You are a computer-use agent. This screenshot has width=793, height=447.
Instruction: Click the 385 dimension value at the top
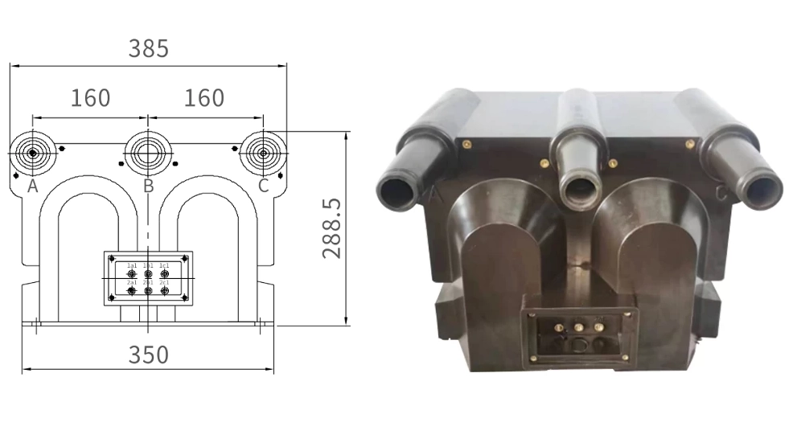coord(149,48)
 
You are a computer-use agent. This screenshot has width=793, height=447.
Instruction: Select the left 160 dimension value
coord(90,98)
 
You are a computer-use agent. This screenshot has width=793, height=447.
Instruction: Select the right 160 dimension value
coord(204,98)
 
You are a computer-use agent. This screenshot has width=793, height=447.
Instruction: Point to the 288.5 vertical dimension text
coord(332,229)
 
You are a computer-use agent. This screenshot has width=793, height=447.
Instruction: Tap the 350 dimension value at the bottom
coord(149,354)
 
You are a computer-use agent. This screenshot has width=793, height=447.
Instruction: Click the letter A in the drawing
coord(32,187)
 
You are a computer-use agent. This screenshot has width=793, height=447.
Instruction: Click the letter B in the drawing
coord(148,187)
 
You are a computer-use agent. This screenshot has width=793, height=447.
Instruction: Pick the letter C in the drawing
coord(263,187)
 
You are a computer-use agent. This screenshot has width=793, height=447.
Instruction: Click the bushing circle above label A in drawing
coord(33,153)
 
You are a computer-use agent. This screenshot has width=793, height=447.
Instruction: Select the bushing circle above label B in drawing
coord(148,152)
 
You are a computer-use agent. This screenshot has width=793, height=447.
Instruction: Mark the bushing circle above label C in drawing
coord(263,152)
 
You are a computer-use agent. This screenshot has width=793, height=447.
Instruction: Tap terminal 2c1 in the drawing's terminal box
coord(164,290)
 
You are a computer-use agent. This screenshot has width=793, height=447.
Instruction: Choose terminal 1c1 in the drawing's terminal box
coord(164,274)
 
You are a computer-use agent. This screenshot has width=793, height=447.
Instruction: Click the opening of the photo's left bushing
coord(397,191)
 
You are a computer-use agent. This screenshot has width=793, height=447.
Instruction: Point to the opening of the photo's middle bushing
coord(577,190)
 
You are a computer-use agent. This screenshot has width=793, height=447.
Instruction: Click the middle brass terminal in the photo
coord(577,327)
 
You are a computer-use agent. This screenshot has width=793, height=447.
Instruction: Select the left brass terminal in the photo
coord(557,327)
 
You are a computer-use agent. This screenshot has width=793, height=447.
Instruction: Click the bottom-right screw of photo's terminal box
coord(626,355)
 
